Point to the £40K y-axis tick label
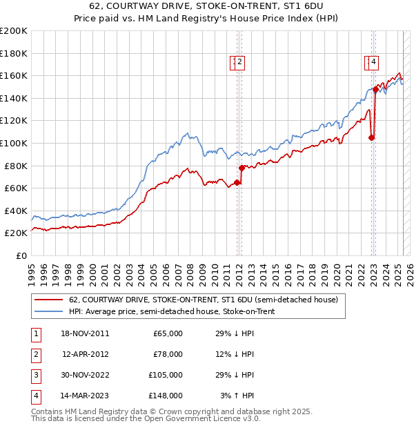pos(15,211)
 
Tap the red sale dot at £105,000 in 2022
pos(371,137)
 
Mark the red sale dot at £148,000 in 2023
pos(375,89)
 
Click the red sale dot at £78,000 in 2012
pos(241,168)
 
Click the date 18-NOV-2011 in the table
pos(85,333)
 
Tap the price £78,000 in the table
pos(168,354)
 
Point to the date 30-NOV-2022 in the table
pos(85,375)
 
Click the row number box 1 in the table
pos(34,333)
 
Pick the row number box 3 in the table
pos(34,375)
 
